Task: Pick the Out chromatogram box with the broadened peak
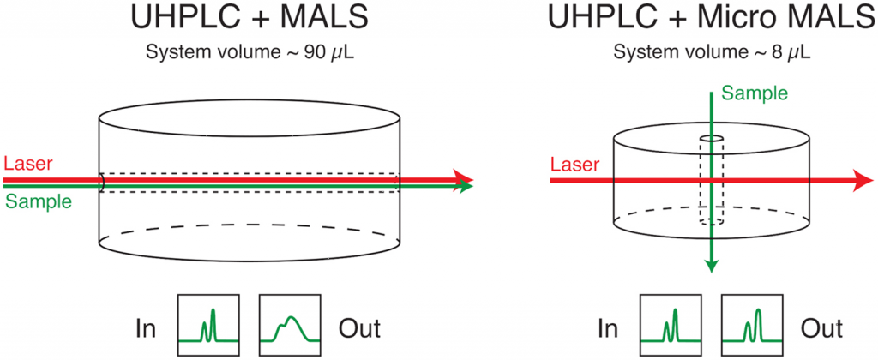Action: pyautogui.click(x=291, y=326)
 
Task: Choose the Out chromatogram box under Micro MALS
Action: pyautogui.click(x=752, y=326)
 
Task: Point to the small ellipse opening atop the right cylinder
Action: pyautogui.click(x=711, y=138)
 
